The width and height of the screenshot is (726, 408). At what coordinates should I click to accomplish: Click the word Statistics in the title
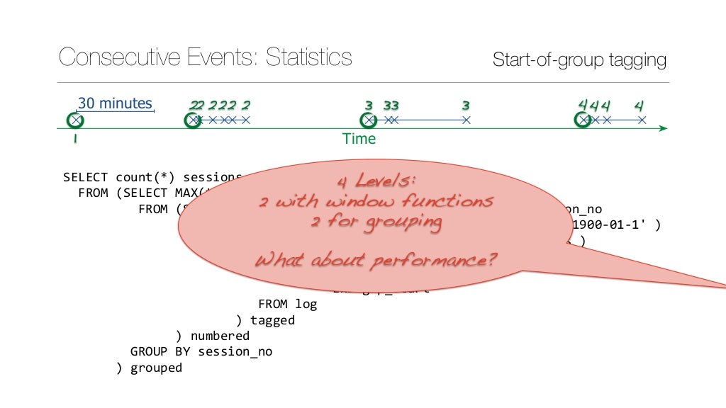[x=308, y=57]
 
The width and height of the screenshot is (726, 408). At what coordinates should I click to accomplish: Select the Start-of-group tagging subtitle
[x=579, y=60]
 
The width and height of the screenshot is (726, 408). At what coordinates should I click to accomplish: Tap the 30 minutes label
[x=115, y=103]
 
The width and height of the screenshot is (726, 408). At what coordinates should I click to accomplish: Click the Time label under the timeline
[x=359, y=139]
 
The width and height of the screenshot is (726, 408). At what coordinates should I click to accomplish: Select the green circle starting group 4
[x=583, y=120]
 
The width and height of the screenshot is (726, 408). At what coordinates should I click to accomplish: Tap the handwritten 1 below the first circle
[x=74, y=140]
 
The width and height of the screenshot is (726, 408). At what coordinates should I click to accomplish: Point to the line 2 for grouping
[x=376, y=222]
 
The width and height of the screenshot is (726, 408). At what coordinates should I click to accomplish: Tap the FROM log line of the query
[x=287, y=305]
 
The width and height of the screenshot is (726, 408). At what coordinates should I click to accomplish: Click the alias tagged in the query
[x=272, y=320]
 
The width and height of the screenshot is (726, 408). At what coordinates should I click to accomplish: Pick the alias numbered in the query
[x=220, y=336]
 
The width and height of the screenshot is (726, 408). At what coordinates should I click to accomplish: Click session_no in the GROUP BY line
[x=235, y=351]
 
